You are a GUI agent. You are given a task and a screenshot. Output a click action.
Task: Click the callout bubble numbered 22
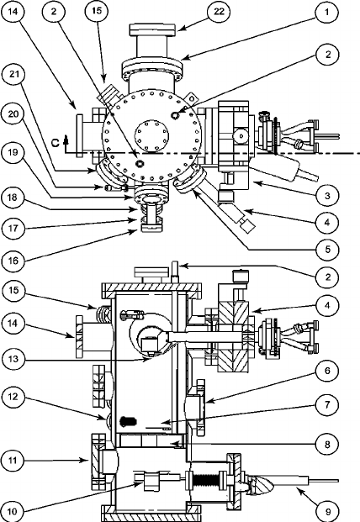219,12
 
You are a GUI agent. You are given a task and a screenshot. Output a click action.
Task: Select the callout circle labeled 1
326,13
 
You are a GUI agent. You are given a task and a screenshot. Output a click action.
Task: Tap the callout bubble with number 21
13,75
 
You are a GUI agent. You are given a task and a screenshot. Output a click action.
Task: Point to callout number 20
13,114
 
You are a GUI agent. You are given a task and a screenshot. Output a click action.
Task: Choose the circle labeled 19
13,153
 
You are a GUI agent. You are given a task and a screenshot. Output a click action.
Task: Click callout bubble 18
13,197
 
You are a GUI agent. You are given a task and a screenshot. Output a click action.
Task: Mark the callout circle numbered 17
13,228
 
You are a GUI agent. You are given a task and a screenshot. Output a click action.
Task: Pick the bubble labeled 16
13,260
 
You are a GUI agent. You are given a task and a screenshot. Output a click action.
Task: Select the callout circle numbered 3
327,195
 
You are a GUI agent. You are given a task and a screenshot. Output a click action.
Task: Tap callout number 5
327,249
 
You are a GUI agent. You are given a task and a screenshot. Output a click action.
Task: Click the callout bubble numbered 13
13,359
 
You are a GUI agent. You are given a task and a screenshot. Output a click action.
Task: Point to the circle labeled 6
327,371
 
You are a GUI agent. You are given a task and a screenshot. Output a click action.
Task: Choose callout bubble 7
327,405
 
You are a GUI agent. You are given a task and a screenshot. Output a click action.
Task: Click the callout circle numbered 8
327,444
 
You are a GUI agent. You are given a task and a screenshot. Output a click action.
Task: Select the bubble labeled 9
327,510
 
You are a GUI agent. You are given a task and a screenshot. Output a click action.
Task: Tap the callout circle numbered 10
13,510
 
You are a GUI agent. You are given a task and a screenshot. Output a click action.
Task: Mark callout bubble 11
13,461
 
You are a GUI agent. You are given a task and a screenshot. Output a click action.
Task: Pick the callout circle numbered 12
13,397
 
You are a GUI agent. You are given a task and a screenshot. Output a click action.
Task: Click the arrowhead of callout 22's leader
179,29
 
